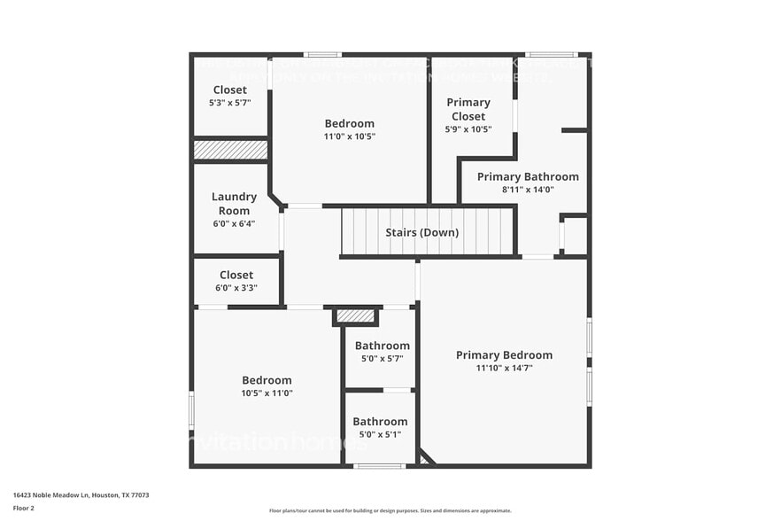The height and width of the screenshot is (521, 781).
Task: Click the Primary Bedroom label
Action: pos(504,355)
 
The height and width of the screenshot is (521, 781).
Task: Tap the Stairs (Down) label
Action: pos(421,233)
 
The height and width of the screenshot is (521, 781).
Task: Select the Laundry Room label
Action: pos(234,204)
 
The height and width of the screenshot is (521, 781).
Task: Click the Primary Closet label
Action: pos(468,109)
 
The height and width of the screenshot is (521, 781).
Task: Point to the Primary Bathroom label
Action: pos(528,176)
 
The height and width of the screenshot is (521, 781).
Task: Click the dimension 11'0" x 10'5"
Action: pos(349,136)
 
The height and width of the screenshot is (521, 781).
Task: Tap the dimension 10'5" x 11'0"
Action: pos(267,393)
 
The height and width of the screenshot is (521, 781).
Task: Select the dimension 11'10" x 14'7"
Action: pos(504,368)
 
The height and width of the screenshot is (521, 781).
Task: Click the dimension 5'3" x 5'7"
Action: pos(229,103)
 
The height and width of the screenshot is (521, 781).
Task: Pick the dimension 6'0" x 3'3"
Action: pos(236,288)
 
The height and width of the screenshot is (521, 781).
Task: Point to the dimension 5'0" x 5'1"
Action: pos(380,434)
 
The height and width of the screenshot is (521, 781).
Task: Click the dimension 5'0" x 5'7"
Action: pos(382,359)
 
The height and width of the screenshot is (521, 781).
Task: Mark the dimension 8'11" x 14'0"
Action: pos(528,190)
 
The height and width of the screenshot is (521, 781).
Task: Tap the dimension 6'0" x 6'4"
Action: pos(234,224)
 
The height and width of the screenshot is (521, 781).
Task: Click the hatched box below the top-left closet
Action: pos(230,151)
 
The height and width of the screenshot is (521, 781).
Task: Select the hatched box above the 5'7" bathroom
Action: pos(355,315)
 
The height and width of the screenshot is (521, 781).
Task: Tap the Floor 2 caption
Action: pos(24,508)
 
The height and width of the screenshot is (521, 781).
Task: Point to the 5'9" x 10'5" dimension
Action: pos(468,129)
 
